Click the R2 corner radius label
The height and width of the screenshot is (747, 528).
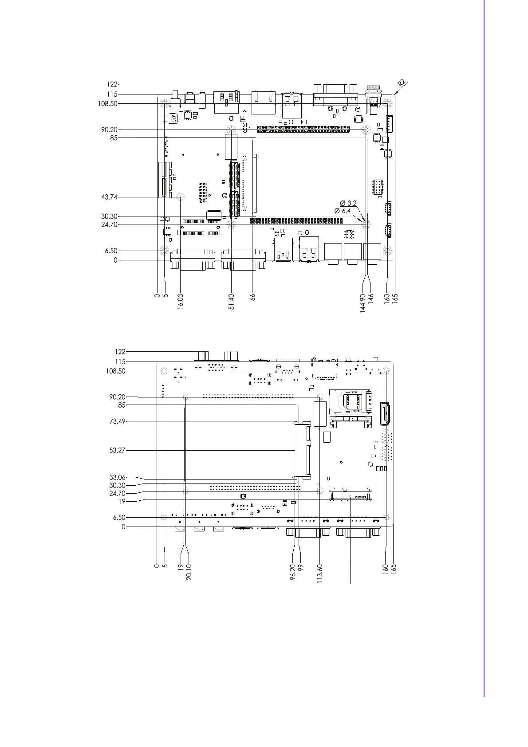pos(402,83)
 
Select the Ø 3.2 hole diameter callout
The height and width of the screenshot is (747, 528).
pos(348,203)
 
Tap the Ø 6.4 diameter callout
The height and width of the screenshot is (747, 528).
pos(343,211)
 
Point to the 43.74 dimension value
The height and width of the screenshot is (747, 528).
pos(110,197)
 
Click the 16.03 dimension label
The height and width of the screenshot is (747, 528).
pos(181,302)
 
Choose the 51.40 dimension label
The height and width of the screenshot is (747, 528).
pos(232,302)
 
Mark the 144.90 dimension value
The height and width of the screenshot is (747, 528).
pos(363,303)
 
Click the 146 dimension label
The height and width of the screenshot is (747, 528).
pos(371,298)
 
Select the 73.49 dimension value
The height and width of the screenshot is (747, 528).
pos(118,421)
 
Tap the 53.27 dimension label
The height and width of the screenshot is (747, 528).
pos(118,450)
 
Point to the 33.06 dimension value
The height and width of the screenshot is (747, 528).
pos(118,477)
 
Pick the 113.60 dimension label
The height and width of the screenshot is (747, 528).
pos(319,574)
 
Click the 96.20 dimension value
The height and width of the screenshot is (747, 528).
pos(293,572)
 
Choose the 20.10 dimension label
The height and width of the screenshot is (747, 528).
pos(189,572)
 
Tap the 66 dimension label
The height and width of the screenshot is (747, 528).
pos(252,297)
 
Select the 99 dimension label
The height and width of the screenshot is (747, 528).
pos(301,568)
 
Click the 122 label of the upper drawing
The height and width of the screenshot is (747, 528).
pos(112,84)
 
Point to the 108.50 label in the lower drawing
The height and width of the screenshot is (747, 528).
pos(116,371)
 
